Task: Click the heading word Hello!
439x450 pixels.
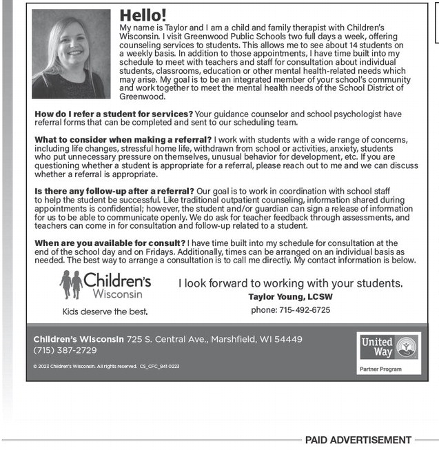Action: (143, 15)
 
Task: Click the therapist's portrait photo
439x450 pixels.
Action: (71, 54)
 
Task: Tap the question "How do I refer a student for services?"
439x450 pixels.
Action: (114, 114)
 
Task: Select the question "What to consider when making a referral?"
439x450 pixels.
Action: (123, 140)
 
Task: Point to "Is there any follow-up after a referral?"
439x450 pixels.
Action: (114, 191)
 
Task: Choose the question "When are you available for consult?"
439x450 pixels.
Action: (110, 243)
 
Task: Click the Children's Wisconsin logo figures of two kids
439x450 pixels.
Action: (70, 284)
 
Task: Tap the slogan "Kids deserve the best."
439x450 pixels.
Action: (105, 311)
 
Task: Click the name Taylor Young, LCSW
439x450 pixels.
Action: (290, 297)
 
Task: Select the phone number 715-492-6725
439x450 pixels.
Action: (304, 310)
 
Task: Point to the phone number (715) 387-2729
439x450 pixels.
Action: (65, 350)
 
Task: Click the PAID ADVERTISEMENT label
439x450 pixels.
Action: (358, 440)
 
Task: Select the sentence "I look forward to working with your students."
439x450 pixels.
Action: (290, 283)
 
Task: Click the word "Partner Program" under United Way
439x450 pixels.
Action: (380, 369)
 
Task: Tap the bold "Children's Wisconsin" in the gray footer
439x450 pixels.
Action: (79, 339)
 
